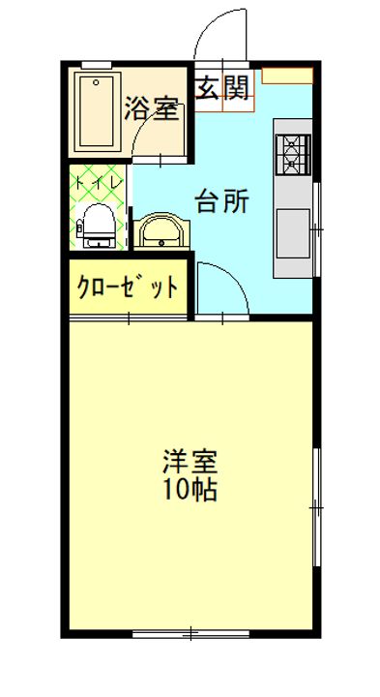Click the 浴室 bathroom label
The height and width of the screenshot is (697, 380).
152,108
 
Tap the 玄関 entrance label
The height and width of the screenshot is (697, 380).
222,87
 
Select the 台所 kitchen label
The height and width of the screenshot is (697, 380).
222,201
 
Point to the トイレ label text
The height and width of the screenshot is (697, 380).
99,182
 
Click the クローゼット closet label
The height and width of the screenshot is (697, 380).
128,288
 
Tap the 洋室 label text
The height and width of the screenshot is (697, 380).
190,462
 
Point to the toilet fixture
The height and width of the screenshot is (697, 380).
98,226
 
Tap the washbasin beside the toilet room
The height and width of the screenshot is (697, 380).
162,231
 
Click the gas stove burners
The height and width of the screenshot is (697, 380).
293,154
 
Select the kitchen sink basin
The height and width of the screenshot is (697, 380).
293,233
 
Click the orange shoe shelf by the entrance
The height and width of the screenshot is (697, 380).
287,76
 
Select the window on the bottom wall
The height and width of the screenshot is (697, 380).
190,633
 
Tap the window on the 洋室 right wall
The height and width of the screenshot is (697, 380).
317,507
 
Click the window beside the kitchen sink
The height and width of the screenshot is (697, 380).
317,228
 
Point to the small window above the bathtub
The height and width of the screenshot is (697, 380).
97,65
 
